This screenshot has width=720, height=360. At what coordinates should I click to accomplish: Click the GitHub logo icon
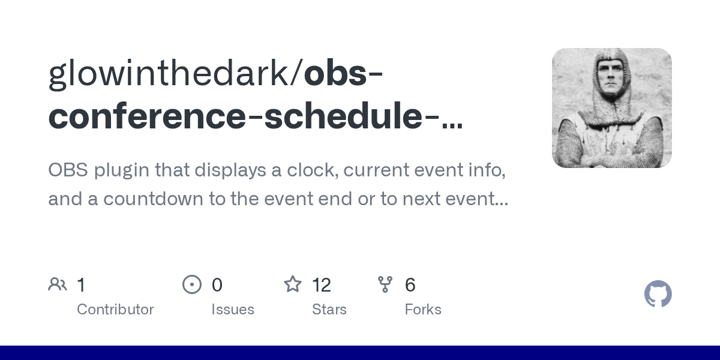tap(658, 294)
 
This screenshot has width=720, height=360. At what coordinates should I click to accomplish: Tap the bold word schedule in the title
tap(343, 116)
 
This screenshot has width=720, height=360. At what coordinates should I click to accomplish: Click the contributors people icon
tap(58, 284)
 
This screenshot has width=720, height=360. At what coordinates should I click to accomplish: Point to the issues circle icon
tap(192, 284)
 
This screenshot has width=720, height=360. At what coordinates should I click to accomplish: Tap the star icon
tap(293, 284)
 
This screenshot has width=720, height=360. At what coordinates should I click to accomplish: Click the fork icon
tap(385, 284)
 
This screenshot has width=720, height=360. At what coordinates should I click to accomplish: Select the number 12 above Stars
tap(322, 285)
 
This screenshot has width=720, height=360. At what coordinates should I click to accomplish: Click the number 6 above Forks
tap(410, 285)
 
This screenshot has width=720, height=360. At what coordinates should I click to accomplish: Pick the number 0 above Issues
tap(217, 285)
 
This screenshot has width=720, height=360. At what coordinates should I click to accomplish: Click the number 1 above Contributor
tap(81, 285)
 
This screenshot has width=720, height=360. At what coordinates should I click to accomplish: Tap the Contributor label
tap(115, 310)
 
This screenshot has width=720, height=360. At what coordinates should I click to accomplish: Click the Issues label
tap(233, 310)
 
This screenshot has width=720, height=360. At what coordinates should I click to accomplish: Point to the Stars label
tap(329, 310)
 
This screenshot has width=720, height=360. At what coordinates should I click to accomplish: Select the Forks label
tap(423, 310)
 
